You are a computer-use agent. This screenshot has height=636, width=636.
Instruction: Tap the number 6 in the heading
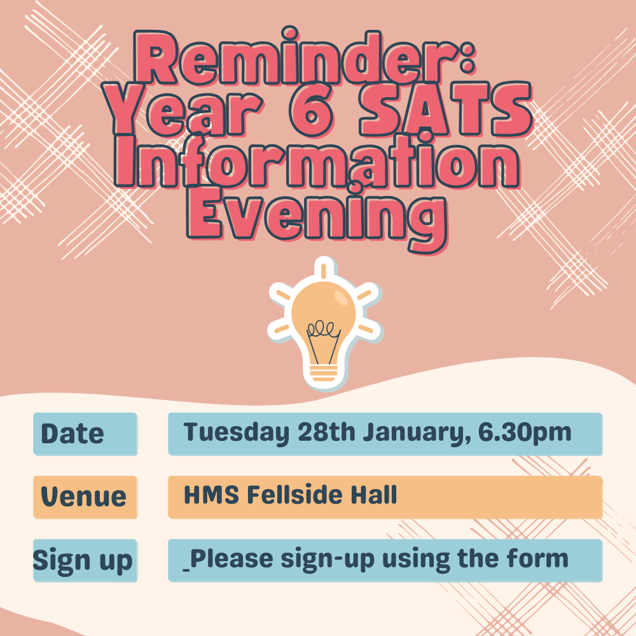point(312,109)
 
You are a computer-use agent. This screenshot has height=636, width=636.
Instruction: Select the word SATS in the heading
point(445,109)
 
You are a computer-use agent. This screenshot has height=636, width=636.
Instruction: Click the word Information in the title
point(317,161)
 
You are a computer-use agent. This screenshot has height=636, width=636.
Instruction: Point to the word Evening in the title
point(317,218)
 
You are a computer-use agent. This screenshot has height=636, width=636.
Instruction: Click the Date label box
point(85,434)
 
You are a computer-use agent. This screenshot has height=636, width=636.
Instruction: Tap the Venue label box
point(85,497)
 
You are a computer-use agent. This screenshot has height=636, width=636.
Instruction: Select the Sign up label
point(83,560)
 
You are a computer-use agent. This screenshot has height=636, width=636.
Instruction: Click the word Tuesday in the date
point(237,432)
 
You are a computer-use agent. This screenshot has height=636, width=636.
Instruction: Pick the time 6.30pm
point(525,433)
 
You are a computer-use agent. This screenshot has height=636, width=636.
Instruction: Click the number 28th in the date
point(326,432)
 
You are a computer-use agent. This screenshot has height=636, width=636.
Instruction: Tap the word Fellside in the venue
point(295,495)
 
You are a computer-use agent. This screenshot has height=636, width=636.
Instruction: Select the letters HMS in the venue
point(211,495)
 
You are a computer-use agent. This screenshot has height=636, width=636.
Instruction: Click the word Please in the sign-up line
point(232,559)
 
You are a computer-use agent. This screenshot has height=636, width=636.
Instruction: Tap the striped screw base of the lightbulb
point(324,373)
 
